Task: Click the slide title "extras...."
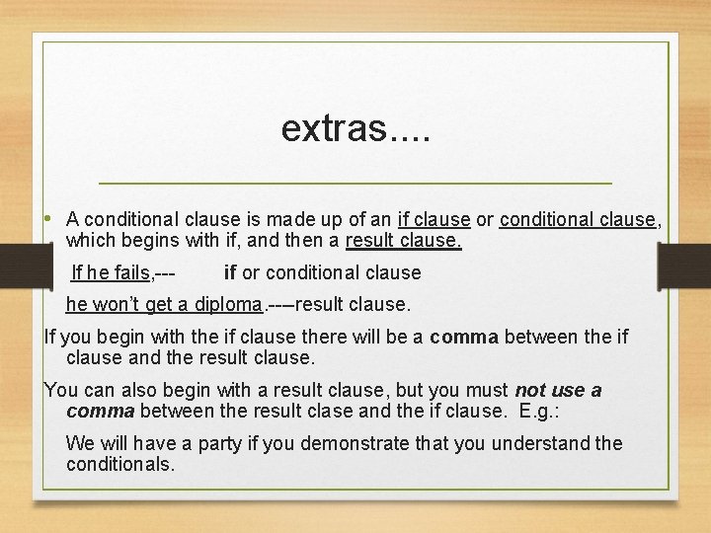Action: tap(355, 127)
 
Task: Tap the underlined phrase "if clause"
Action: tap(434, 220)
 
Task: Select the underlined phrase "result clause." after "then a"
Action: tap(403, 241)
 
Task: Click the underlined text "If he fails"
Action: tap(111, 273)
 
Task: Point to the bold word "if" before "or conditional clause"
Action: tap(230, 273)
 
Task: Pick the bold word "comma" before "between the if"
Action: tap(464, 338)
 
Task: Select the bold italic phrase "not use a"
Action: tap(557, 390)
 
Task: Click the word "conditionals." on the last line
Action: tap(120, 464)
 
